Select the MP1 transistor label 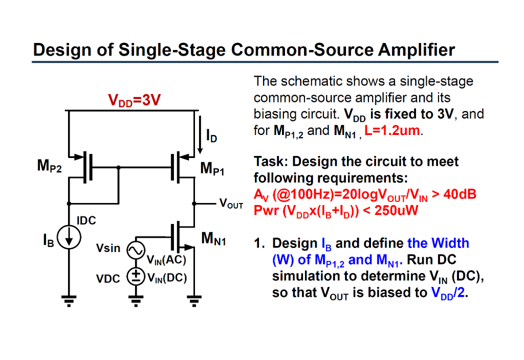coord(212,168)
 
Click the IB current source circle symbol coord(68,236)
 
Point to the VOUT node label coord(231,204)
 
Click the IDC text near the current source coord(86,221)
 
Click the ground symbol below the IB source coord(68,299)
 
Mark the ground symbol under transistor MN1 coord(194,299)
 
